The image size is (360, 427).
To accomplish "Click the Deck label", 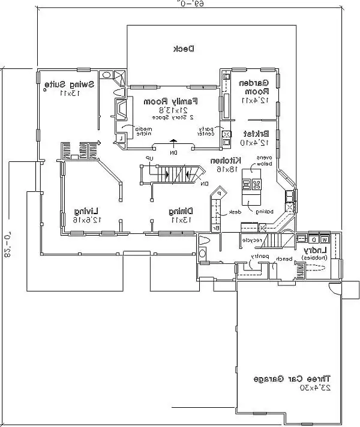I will pyautogui.click(x=182, y=49).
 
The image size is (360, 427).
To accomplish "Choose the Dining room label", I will pyautogui.click(x=180, y=211).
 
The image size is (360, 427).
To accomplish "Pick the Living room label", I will pyautogui.click(x=87, y=211).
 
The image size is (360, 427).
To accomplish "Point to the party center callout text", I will pyautogui.click(x=206, y=132).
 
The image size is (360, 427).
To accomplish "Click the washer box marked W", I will pyautogui.click(x=323, y=240).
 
